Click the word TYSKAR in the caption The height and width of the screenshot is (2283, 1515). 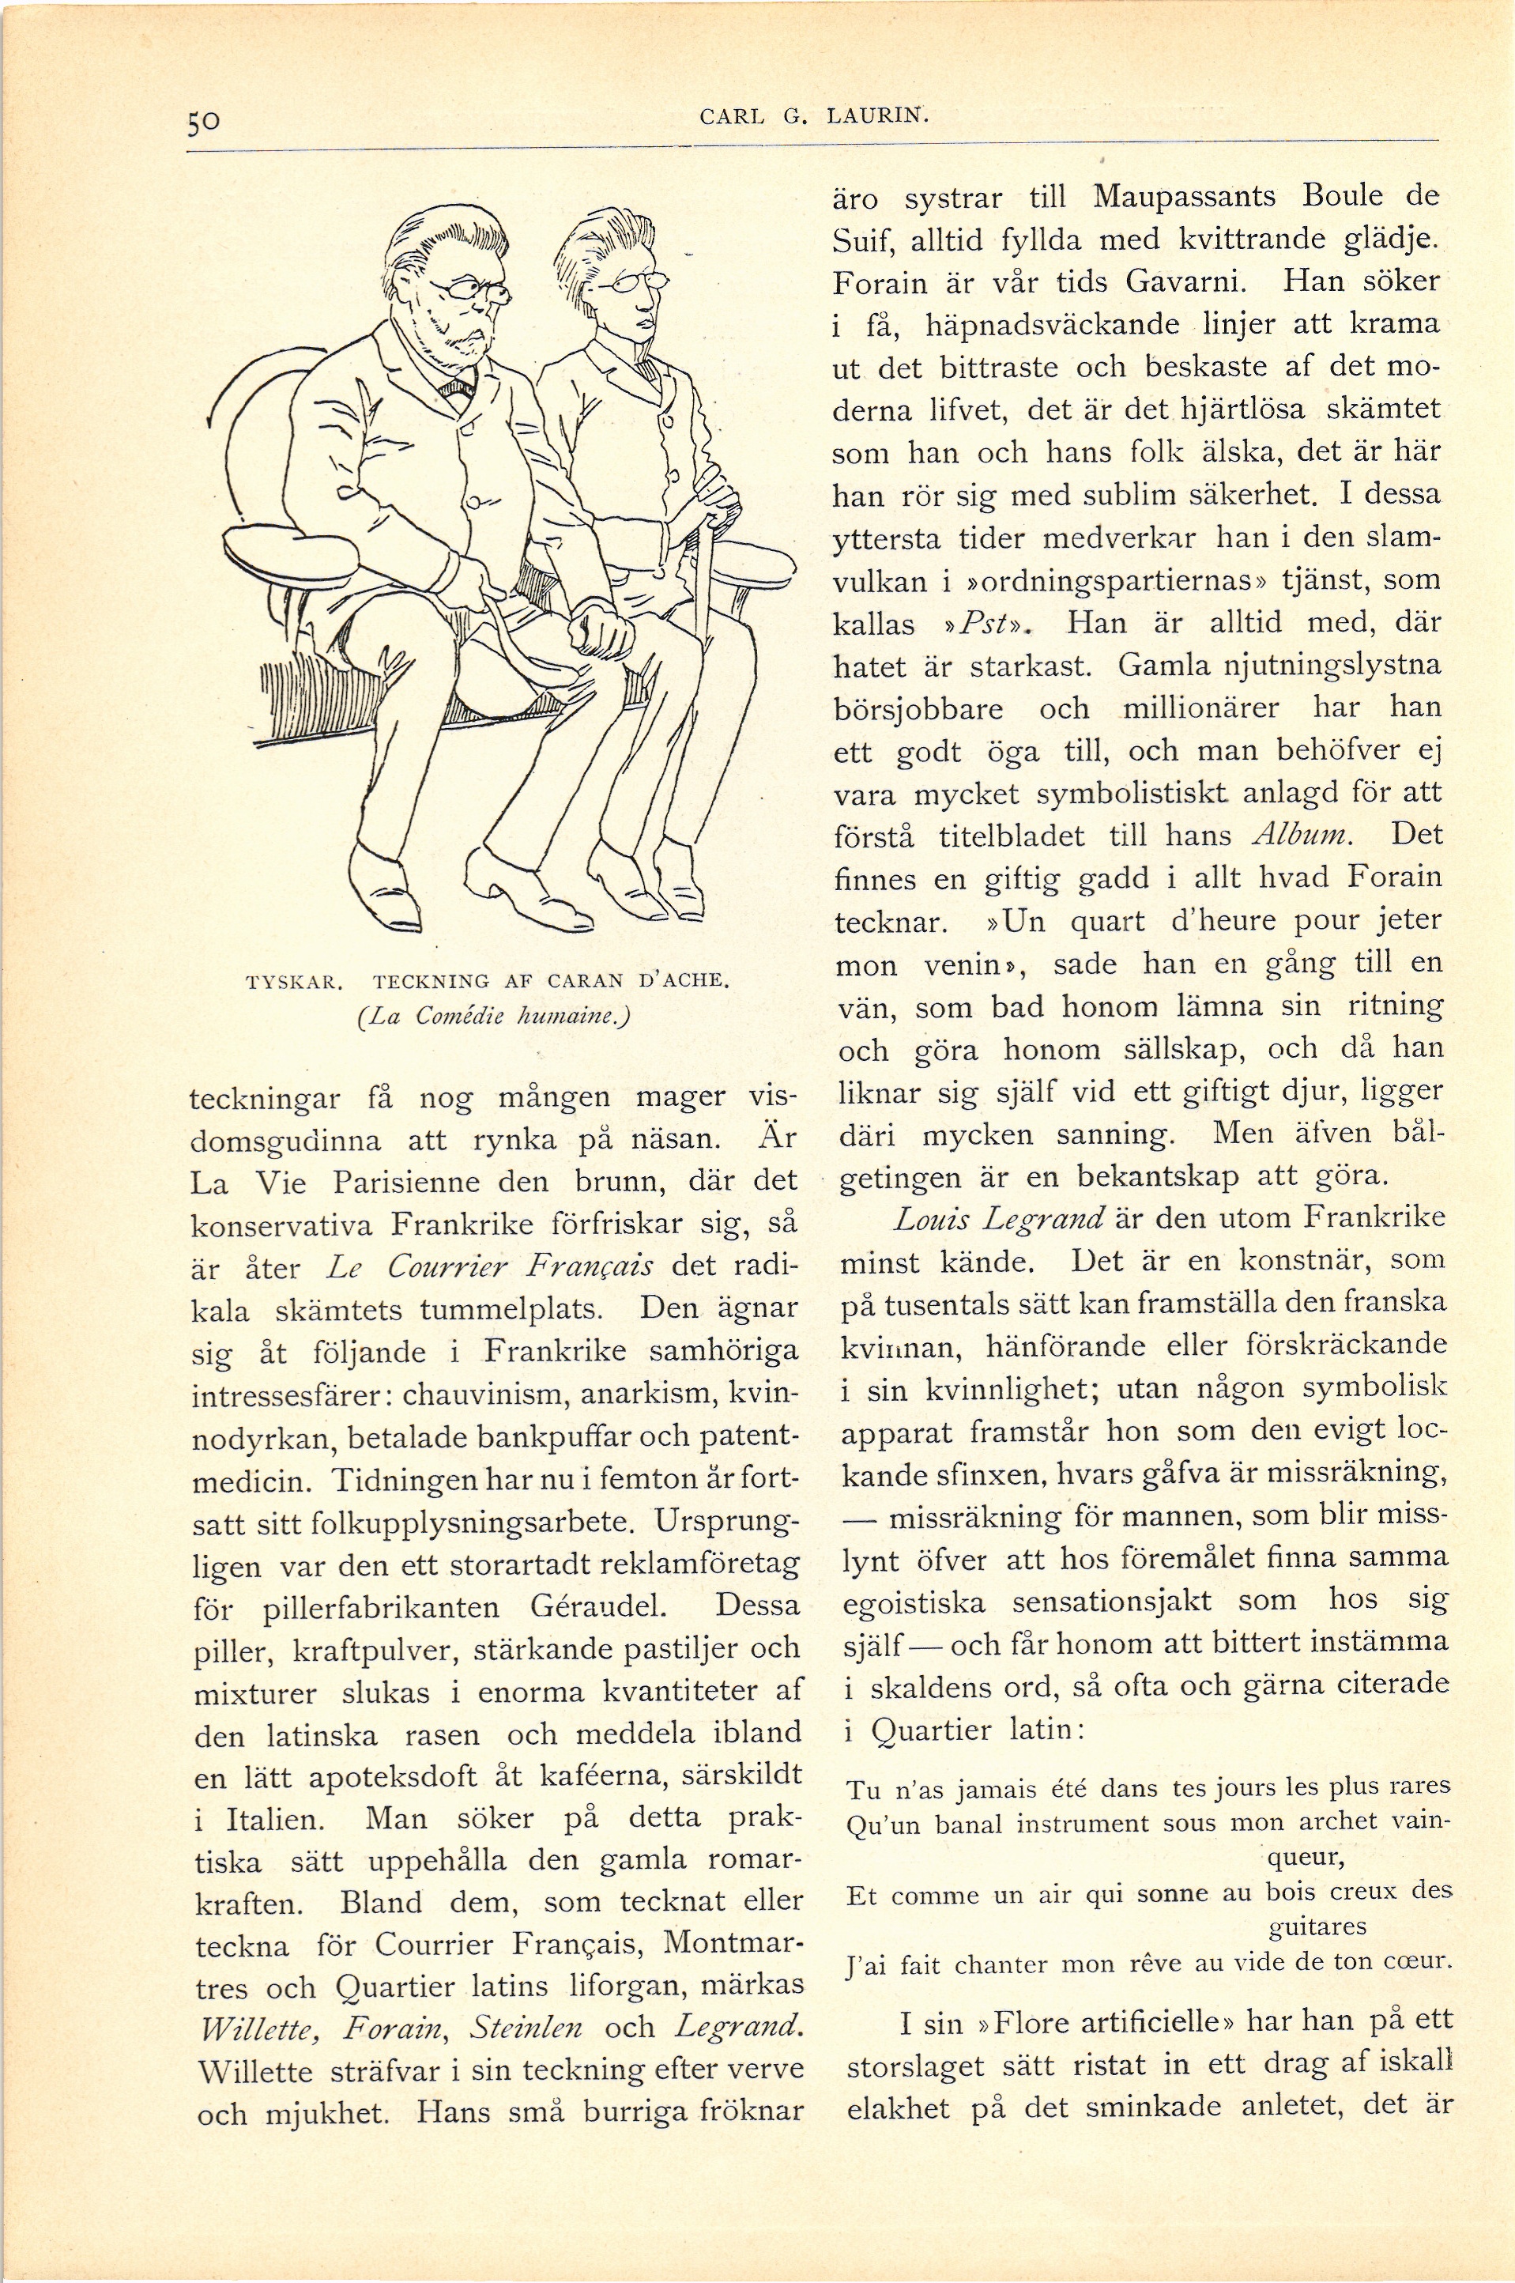click(x=291, y=983)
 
